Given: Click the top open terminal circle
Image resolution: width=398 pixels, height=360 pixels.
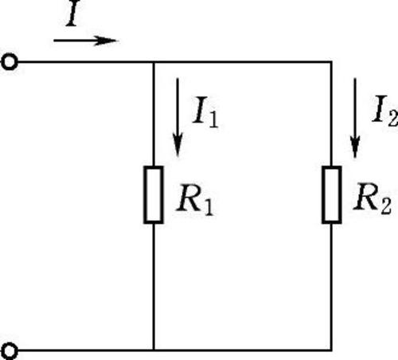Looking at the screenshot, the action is point(10,62).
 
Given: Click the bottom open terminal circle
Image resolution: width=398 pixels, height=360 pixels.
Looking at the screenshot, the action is point(10,351).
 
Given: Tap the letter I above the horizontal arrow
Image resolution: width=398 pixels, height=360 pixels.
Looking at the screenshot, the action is point(73,14).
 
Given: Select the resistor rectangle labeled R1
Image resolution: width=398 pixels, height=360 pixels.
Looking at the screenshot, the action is point(154,194).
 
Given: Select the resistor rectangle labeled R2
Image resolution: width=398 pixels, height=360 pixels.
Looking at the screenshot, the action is point(332,194).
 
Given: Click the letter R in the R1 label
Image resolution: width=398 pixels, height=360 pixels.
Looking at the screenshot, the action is point(189,198).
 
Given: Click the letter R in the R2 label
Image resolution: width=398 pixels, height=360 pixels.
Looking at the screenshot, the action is point(367,197).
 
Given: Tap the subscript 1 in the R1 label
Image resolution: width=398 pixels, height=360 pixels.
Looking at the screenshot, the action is point(209,205).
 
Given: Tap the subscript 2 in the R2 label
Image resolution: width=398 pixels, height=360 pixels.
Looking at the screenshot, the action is point(386,205).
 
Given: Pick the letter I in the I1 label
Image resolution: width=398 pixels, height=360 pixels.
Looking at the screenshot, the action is point(201,110).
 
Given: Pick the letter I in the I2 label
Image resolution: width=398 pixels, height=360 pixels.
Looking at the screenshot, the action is point(380,109).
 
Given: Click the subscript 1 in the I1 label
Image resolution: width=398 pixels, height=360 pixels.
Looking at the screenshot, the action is point(213,119).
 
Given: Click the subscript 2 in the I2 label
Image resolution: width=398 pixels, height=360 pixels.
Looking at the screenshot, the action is point(393,117).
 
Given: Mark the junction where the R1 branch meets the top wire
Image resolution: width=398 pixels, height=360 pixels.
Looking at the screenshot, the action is point(154,62).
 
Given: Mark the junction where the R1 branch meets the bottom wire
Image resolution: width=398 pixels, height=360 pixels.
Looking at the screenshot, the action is point(154,350).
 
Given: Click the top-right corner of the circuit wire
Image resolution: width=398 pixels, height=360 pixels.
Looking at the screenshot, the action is point(332,62).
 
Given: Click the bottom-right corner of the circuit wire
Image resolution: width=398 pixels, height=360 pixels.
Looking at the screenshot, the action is point(332,350).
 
